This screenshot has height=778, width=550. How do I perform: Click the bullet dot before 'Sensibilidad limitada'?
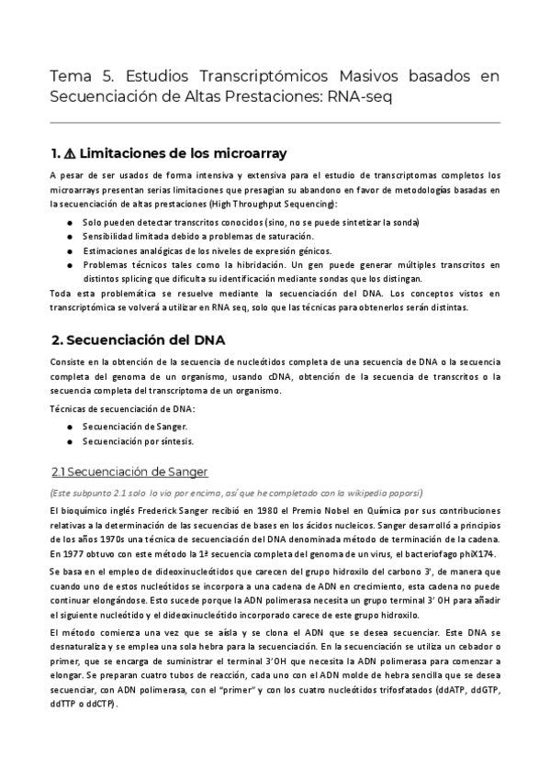[71, 237]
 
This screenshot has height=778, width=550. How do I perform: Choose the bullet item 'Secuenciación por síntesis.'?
[138, 441]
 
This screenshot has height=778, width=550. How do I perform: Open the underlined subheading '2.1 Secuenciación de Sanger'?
[129, 472]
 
